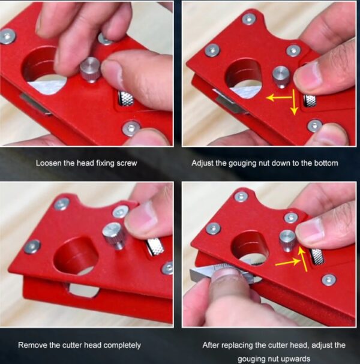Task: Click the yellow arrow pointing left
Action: [x=279, y=98]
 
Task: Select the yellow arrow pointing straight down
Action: [x=294, y=102]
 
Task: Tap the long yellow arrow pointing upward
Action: [x=302, y=258]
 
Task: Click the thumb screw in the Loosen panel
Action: [x=91, y=70]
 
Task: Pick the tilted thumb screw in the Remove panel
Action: [x=115, y=236]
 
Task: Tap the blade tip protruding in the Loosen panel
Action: [x=35, y=104]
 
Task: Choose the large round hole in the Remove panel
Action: [x=76, y=256]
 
